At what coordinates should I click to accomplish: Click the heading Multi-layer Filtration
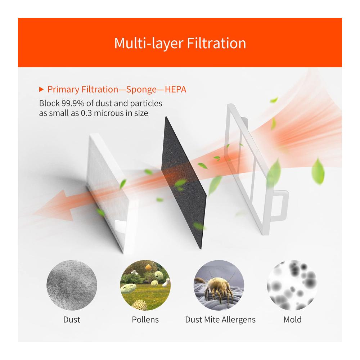(x=180, y=43)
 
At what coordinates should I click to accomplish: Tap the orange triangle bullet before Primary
(x=41, y=89)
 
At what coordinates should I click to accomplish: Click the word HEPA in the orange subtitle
(x=175, y=89)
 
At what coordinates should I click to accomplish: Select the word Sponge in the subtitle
(x=141, y=90)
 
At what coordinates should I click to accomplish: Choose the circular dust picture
(x=72, y=285)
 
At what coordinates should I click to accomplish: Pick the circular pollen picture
(x=145, y=285)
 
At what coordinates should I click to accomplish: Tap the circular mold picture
(x=292, y=285)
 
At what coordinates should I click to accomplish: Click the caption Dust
(x=72, y=319)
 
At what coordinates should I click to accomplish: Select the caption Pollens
(x=145, y=319)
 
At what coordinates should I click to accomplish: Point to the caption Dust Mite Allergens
(x=220, y=320)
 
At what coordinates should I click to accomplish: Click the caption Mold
(x=292, y=319)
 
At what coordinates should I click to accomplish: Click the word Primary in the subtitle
(x=63, y=90)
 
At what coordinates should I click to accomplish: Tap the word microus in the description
(x=108, y=113)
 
